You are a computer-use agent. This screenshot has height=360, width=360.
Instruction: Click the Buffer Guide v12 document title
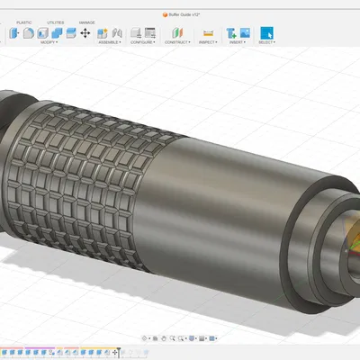180,14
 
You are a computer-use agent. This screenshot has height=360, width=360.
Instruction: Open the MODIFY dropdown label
41,42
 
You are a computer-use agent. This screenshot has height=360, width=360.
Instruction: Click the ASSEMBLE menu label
109,42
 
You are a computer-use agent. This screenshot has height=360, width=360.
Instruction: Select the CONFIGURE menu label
141,42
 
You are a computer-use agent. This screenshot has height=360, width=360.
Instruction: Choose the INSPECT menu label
206,42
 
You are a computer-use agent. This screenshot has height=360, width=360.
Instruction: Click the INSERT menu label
237,42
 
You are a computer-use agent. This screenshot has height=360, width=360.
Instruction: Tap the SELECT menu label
267,42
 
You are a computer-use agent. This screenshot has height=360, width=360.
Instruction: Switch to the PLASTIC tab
24,22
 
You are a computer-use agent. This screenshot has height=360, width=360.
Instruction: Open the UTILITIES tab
56,22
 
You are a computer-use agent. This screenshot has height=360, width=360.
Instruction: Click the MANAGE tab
86,22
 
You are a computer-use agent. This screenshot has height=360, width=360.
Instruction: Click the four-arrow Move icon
85,33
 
